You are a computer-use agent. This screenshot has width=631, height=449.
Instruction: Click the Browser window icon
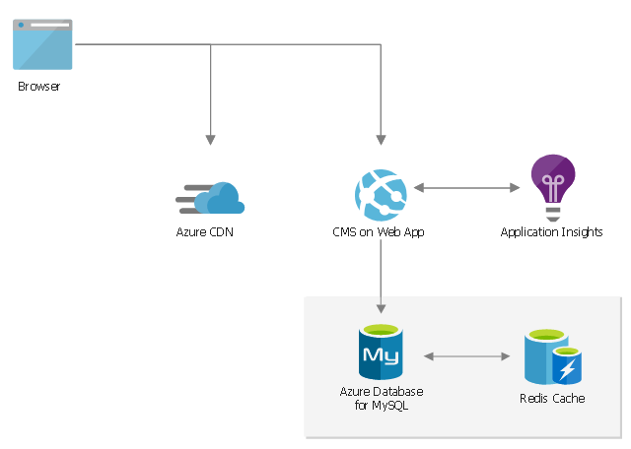42,44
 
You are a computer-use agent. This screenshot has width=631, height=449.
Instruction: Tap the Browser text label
39,87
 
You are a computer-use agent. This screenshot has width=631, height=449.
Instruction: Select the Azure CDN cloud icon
211,199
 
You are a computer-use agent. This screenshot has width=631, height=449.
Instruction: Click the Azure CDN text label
204,232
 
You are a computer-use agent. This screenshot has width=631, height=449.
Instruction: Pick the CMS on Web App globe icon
381,194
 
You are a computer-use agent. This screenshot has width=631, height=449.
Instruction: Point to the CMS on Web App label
379,232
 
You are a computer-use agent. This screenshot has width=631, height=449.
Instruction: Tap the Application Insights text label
551,232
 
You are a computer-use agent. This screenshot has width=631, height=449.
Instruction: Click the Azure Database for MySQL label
381,398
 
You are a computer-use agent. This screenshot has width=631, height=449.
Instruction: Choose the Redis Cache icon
552,357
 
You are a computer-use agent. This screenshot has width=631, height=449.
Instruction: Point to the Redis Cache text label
552,399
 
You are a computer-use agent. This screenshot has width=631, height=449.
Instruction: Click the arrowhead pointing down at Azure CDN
210,140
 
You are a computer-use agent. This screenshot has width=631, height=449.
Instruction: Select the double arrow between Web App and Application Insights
466,187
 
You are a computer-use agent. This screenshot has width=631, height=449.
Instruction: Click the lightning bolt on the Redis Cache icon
568,370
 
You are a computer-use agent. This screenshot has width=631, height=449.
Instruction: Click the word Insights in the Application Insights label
580,232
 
